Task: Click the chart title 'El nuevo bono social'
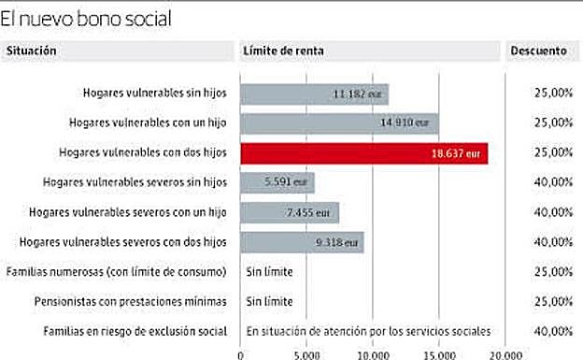click(86, 18)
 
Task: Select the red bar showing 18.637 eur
click(363, 152)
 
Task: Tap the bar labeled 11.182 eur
click(314, 94)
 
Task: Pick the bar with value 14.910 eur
click(339, 122)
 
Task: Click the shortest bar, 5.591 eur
click(277, 182)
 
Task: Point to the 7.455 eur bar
click(290, 212)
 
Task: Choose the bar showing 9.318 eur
click(302, 242)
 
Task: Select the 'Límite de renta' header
click(282, 51)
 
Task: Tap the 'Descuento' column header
click(538, 51)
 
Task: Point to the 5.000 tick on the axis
click(307, 353)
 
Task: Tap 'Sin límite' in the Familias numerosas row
click(270, 272)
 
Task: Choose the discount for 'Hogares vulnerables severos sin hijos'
click(554, 182)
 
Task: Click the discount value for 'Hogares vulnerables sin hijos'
click(554, 94)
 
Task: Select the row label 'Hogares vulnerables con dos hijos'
click(143, 152)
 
